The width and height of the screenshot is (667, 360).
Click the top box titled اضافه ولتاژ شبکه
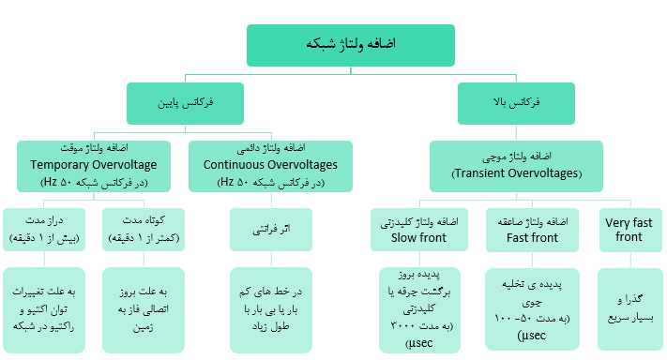[351, 45]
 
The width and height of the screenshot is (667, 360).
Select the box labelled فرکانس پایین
[185, 103]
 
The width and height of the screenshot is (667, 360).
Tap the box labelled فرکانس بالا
[516, 103]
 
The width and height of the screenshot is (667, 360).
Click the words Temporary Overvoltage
[94, 165]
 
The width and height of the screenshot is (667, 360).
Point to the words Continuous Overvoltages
[270, 165]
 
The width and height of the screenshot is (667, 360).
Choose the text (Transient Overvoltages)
[516, 173]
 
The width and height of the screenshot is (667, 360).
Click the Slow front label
[418, 237]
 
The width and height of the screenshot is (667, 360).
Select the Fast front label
[532, 237]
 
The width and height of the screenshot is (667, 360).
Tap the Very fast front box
[630, 230]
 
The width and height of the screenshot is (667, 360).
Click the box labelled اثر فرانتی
[271, 230]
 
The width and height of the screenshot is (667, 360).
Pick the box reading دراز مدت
[44, 230]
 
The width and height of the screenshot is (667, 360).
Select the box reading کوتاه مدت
[144, 230]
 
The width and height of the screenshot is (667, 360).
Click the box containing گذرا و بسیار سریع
[630, 309]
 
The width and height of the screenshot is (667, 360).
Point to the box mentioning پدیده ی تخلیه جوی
[532, 309]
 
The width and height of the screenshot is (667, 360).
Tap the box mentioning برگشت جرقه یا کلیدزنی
[419, 310]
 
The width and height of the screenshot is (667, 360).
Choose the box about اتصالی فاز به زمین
[144, 310]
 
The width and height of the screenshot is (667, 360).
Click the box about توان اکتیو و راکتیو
[44, 310]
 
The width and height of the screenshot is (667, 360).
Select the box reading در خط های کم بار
[271, 310]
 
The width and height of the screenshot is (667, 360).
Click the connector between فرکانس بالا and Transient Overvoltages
[516, 132]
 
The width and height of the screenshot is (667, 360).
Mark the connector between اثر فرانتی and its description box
[271, 260]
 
